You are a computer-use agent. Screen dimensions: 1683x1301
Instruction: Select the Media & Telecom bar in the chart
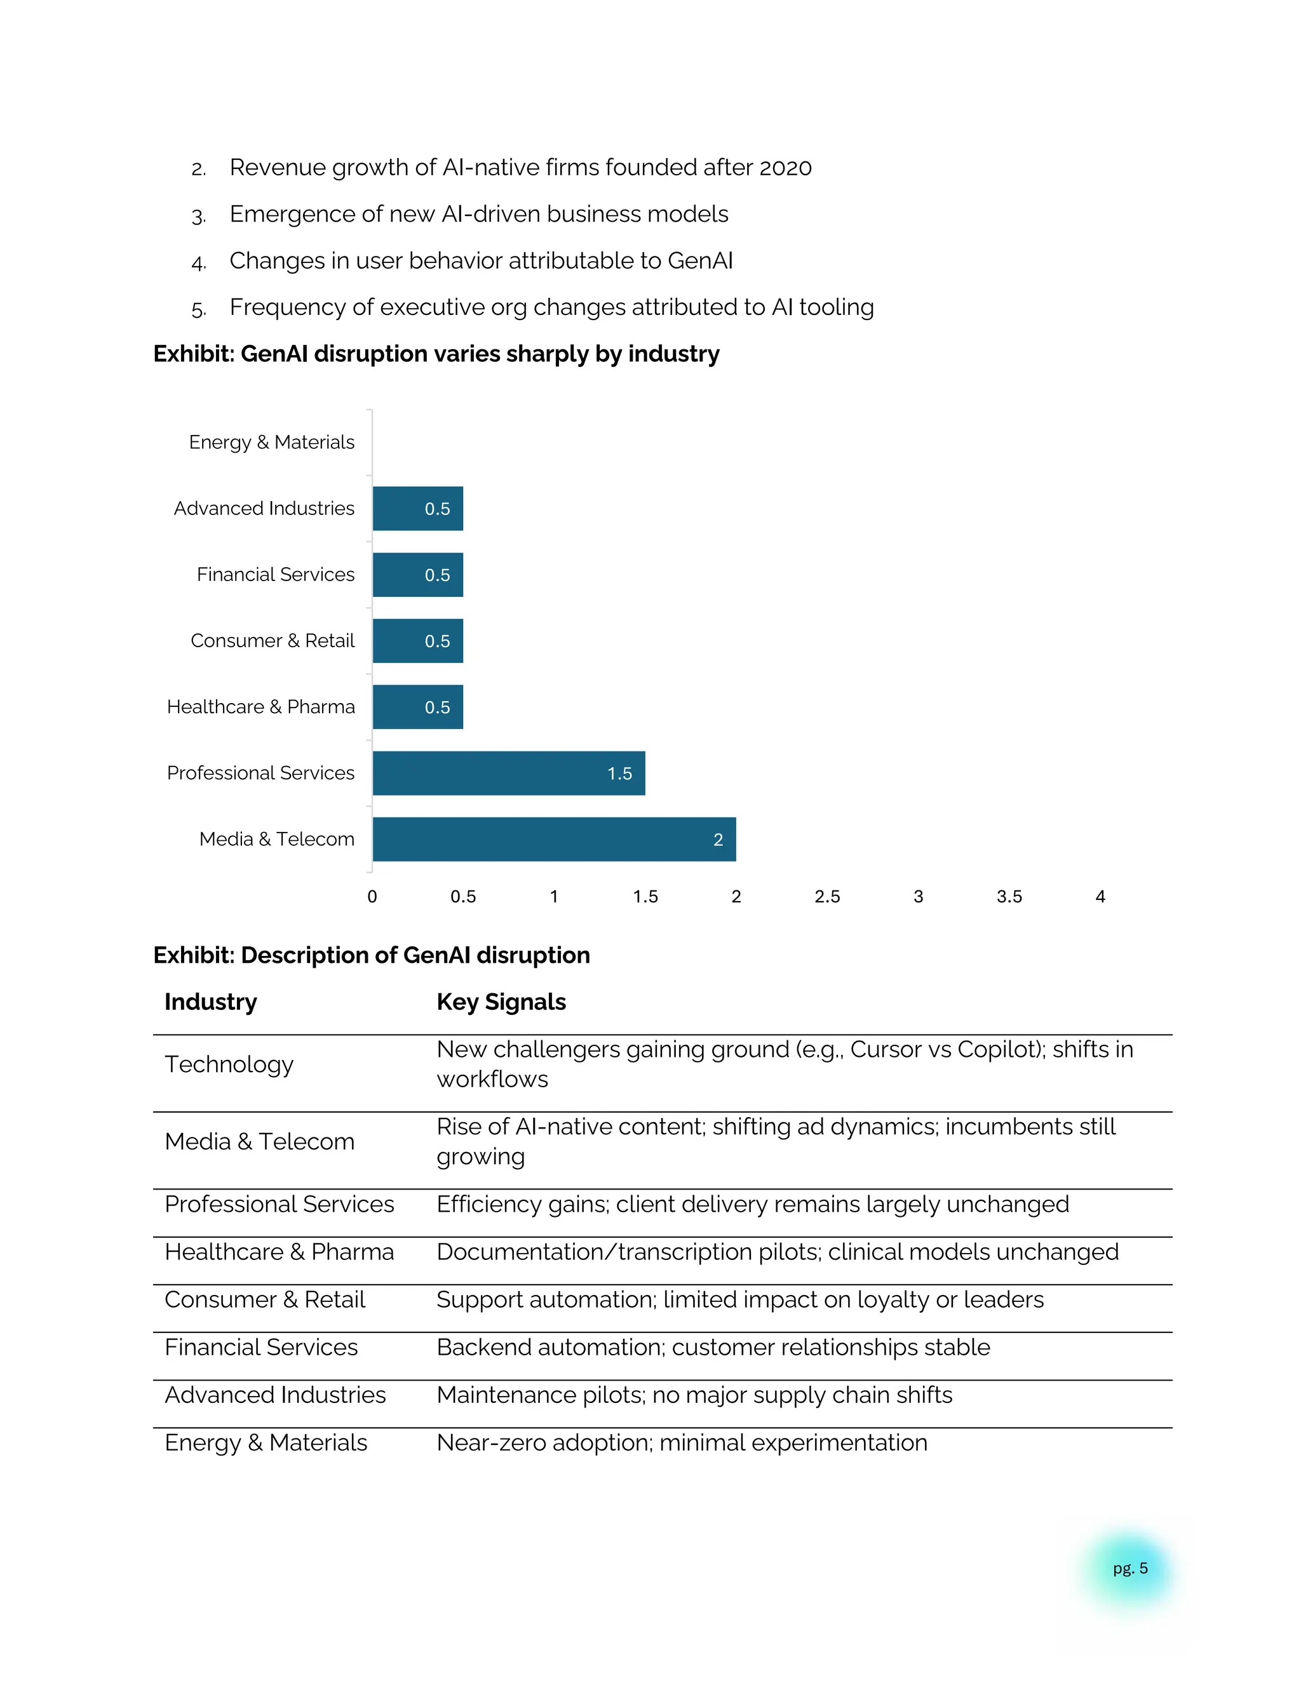tap(553, 839)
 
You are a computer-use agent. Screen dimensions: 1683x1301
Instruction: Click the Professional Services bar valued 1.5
tap(509, 773)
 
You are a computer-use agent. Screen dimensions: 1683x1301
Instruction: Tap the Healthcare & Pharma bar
tap(418, 707)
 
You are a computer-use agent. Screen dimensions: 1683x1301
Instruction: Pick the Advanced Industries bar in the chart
tap(418, 509)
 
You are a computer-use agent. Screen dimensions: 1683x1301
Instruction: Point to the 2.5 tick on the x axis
tap(827, 896)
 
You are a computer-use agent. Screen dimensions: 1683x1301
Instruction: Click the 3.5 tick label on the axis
tap(1009, 896)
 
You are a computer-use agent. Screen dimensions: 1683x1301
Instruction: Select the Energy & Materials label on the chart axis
tap(271, 442)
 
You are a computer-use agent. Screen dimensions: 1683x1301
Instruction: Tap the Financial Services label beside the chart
tap(275, 575)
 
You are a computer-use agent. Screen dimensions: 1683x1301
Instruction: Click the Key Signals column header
tap(501, 1002)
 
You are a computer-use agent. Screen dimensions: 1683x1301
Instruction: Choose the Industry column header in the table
tap(210, 1002)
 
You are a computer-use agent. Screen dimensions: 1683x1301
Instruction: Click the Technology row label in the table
tap(229, 1064)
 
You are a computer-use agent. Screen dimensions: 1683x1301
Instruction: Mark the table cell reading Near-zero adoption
tap(682, 1442)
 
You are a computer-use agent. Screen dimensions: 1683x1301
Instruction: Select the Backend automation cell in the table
tap(713, 1347)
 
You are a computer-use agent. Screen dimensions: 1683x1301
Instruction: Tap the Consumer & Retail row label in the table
tap(264, 1299)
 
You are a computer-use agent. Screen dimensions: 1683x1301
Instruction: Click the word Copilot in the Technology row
tap(997, 1050)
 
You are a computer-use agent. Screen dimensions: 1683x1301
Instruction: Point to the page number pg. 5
tap(1130, 1568)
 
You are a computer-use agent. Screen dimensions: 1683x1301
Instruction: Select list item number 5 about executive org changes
tap(551, 307)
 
